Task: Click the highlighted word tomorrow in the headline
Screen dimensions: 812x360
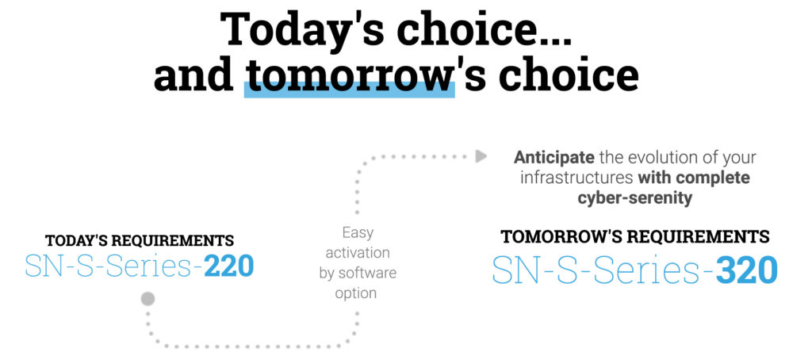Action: (349, 75)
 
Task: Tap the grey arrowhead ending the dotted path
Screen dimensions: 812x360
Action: (481, 156)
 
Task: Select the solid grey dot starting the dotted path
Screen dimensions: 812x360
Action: (147, 299)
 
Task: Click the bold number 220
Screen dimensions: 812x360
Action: (228, 266)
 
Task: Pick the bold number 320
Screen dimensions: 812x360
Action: (746, 269)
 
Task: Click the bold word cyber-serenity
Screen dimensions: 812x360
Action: (634, 198)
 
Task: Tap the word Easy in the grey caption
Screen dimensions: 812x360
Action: (358, 234)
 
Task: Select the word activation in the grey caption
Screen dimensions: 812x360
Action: (358, 253)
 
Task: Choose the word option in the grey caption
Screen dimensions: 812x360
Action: (356, 293)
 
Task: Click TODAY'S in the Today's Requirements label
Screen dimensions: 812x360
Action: (76, 241)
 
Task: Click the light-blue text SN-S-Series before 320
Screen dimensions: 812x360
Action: (603, 269)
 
